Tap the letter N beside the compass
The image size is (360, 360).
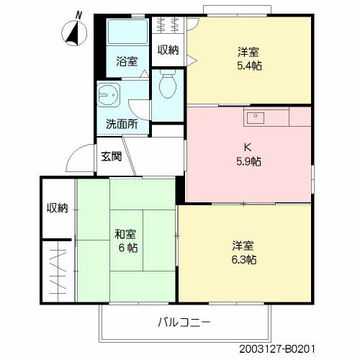point(79,14)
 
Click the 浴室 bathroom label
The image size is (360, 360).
point(127,62)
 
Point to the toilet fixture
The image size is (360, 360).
point(167,86)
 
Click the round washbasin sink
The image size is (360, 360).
point(109,95)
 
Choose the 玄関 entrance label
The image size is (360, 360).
point(111,156)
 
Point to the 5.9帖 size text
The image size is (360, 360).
point(248,161)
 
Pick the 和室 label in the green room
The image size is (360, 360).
point(125,234)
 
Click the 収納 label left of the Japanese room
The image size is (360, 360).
point(57,208)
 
